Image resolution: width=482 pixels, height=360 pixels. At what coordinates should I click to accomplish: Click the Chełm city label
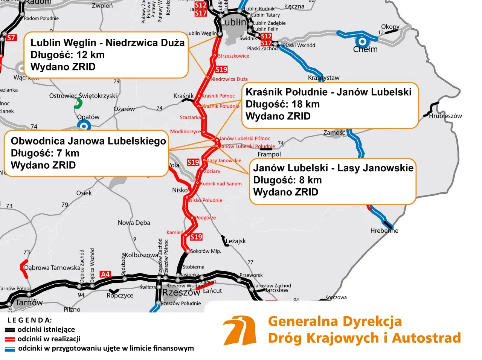(x=365, y=49)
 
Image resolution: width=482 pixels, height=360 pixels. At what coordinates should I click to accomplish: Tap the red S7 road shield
(x=11, y=38)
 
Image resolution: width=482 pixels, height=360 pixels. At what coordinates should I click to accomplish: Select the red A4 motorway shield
(x=105, y=274)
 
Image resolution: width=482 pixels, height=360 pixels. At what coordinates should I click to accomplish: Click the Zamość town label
(x=334, y=133)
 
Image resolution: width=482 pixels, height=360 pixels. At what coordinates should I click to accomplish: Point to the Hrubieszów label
(x=445, y=116)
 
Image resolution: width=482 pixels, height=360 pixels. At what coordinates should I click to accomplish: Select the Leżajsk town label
(x=235, y=241)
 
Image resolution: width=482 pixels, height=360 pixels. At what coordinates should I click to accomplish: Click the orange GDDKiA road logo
(x=239, y=331)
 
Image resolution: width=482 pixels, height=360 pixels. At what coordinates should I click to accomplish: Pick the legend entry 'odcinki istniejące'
(x=46, y=329)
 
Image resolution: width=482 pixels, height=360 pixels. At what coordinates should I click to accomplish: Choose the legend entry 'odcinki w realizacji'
(x=49, y=339)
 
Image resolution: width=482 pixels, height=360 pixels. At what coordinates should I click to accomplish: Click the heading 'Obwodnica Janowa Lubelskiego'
(x=88, y=141)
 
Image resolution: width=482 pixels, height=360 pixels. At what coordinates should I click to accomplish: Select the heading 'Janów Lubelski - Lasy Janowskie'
(x=333, y=168)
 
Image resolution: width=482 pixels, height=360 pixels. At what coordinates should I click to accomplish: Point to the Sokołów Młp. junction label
(x=206, y=251)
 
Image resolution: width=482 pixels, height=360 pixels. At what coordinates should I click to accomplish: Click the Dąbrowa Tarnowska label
(x=52, y=268)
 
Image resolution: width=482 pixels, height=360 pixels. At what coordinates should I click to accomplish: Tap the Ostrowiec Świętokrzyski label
(x=83, y=96)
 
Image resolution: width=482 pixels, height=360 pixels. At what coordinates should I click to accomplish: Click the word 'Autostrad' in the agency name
(x=426, y=338)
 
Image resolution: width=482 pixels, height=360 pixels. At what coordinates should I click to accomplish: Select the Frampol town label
(x=269, y=154)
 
